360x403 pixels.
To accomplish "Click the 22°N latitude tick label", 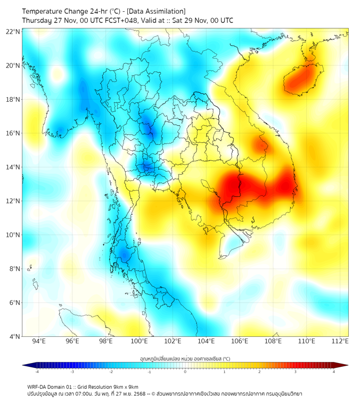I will pyautogui.click(x=13, y=31).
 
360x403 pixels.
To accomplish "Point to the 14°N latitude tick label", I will pyautogui.click(x=13, y=167).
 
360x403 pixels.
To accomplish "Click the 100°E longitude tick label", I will pyautogui.click(x=139, y=341).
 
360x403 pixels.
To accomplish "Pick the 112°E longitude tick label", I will pyautogui.click(x=340, y=341).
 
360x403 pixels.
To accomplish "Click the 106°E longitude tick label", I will pyautogui.click(x=240, y=341).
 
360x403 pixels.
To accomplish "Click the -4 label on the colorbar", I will pyautogui.click(x=37, y=372).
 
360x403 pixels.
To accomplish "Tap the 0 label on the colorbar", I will pyautogui.click(x=185, y=372).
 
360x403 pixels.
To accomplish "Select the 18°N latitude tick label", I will pyautogui.click(x=13, y=99).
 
